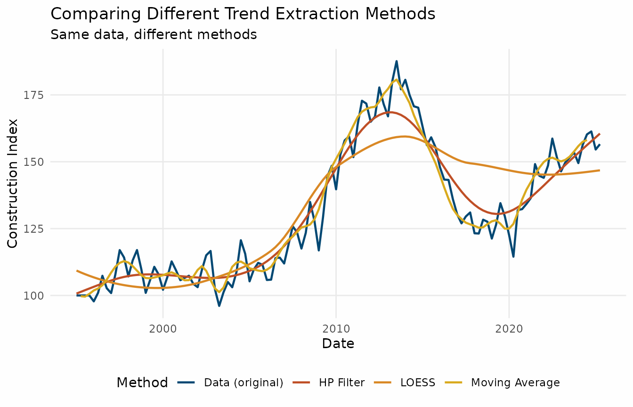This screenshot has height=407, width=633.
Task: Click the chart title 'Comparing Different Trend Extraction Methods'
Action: (243, 14)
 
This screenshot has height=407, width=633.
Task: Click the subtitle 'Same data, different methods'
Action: (154, 34)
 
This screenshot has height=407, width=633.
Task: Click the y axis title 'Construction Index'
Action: (13, 183)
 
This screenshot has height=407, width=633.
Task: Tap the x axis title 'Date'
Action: (338, 344)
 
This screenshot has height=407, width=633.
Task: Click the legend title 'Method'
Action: (142, 383)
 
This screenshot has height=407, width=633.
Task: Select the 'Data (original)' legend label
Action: (243, 383)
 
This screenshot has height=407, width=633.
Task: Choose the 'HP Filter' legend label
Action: (341, 383)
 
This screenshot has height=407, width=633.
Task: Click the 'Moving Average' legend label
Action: (515, 383)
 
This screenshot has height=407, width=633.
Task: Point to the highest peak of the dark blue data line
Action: (397, 61)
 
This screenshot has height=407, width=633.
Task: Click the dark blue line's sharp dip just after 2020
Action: (513, 257)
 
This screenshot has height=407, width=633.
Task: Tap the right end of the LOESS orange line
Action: (599, 170)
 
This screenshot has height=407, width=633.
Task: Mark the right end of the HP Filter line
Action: (599, 134)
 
